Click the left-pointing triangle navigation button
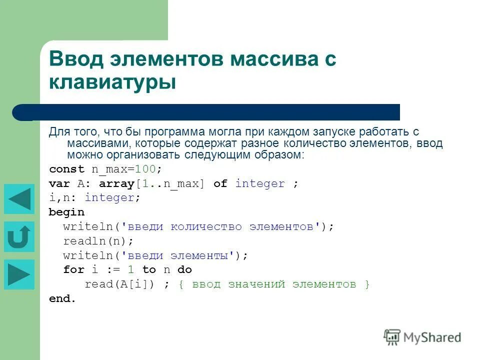click(19, 199)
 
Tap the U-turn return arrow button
click(19, 236)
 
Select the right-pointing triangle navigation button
click(19, 274)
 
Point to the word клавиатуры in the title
click(112, 82)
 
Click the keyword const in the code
click(67, 169)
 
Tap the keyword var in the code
click(59, 183)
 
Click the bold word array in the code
click(116, 183)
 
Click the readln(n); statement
click(98, 241)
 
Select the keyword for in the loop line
click(73, 270)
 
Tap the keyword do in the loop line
click(184, 270)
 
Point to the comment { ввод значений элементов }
click(274, 284)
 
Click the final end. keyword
click(62, 299)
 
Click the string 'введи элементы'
click(180, 255)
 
